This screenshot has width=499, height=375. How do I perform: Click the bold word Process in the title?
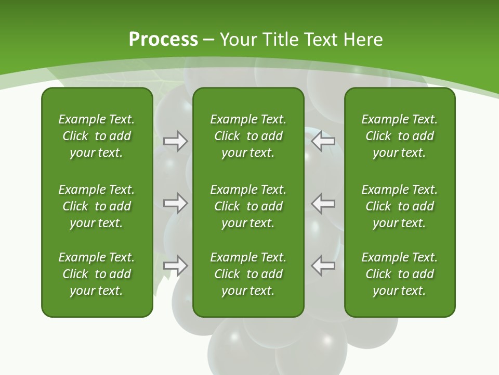(x=163, y=40)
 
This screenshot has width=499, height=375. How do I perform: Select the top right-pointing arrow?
(x=175, y=141)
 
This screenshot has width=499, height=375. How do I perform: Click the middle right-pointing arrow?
(x=175, y=203)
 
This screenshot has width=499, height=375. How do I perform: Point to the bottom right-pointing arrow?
(x=175, y=266)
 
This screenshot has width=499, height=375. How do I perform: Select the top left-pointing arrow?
(x=323, y=141)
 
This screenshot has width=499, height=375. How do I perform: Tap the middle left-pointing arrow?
(x=323, y=203)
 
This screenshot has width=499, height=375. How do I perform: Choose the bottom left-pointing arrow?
(x=323, y=266)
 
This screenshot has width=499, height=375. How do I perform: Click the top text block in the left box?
(x=97, y=136)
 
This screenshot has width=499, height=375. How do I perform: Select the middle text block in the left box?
(x=97, y=206)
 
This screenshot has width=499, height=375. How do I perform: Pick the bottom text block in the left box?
(x=97, y=274)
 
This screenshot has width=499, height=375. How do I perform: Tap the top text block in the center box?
(x=248, y=136)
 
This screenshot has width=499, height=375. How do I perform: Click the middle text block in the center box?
(x=248, y=206)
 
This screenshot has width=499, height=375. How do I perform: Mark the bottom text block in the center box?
(x=248, y=274)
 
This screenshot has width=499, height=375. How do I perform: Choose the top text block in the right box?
(x=399, y=136)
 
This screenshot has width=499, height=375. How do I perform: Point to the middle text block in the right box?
(x=399, y=206)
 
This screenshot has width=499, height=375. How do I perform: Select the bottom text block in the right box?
(x=399, y=274)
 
